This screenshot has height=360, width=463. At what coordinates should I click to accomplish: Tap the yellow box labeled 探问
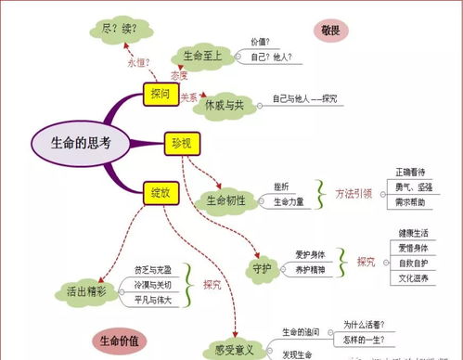click(160, 93)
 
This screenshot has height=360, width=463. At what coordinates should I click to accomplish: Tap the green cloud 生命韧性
click(225, 200)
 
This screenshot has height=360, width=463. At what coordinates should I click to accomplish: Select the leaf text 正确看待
click(409, 173)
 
